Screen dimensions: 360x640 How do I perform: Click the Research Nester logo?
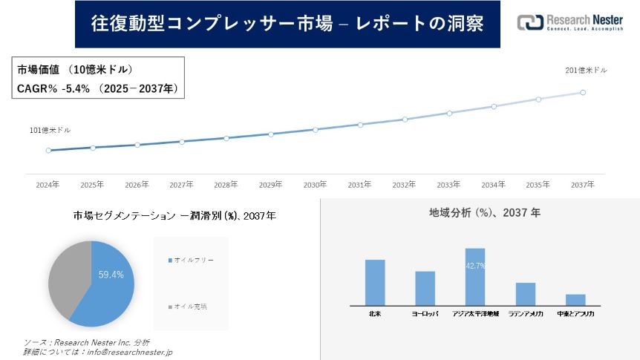569,23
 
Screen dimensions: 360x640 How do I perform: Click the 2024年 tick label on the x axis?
48,185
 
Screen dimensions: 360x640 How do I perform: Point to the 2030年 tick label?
315,185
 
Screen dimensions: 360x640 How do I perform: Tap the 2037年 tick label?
582,185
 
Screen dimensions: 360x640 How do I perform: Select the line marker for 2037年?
583,93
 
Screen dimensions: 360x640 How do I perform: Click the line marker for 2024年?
48,150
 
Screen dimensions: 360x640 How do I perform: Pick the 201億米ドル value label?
586,71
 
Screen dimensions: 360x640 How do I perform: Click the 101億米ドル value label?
50,131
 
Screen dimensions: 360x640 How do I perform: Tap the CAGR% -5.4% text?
53,88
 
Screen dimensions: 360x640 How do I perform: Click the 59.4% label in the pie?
111,275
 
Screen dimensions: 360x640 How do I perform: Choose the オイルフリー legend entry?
191,261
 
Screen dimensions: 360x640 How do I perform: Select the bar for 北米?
375,282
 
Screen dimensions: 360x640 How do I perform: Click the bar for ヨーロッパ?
425,288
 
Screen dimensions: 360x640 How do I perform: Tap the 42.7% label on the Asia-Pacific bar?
474,266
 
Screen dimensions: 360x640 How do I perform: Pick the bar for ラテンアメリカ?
526,293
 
